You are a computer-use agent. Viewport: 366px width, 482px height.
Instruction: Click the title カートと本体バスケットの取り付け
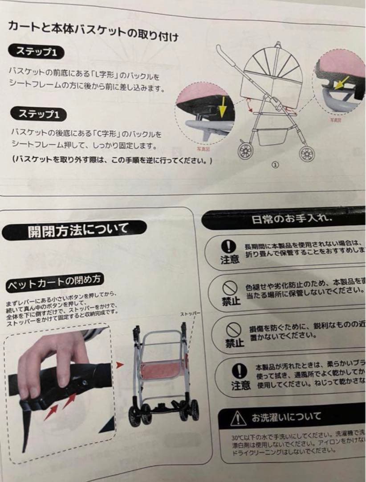(x=94, y=30)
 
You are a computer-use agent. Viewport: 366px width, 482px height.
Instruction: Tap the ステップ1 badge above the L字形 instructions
(x=37, y=52)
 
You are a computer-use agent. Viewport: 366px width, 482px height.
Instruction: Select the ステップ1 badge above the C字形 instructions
(x=40, y=114)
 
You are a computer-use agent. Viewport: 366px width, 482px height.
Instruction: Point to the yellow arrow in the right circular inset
(x=341, y=83)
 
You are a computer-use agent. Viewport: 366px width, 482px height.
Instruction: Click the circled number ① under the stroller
(x=275, y=164)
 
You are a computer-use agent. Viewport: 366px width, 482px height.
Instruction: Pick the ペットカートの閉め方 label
(x=55, y=281)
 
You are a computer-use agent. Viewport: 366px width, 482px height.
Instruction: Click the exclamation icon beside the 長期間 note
(x=228, y=246)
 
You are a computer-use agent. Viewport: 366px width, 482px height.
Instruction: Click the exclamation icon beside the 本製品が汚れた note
(x=240, y=370)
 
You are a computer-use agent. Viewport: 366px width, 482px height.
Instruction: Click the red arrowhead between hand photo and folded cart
(x=119, y=365)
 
